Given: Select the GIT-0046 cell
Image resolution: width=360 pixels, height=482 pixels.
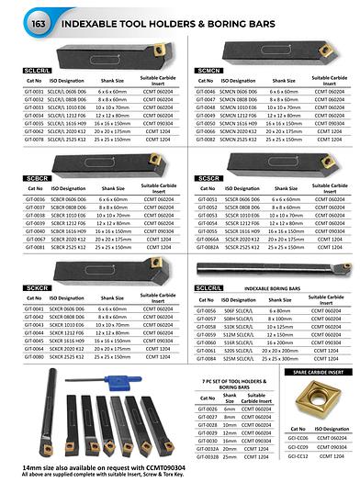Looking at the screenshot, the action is click(x=207, y=92).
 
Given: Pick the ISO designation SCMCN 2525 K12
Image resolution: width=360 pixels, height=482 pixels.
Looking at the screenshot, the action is click(x=240, y=139).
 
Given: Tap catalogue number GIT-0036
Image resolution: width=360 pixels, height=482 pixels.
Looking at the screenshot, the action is click(x=33, y=197).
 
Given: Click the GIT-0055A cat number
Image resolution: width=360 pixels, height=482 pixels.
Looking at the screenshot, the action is click(x=208, y=237).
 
